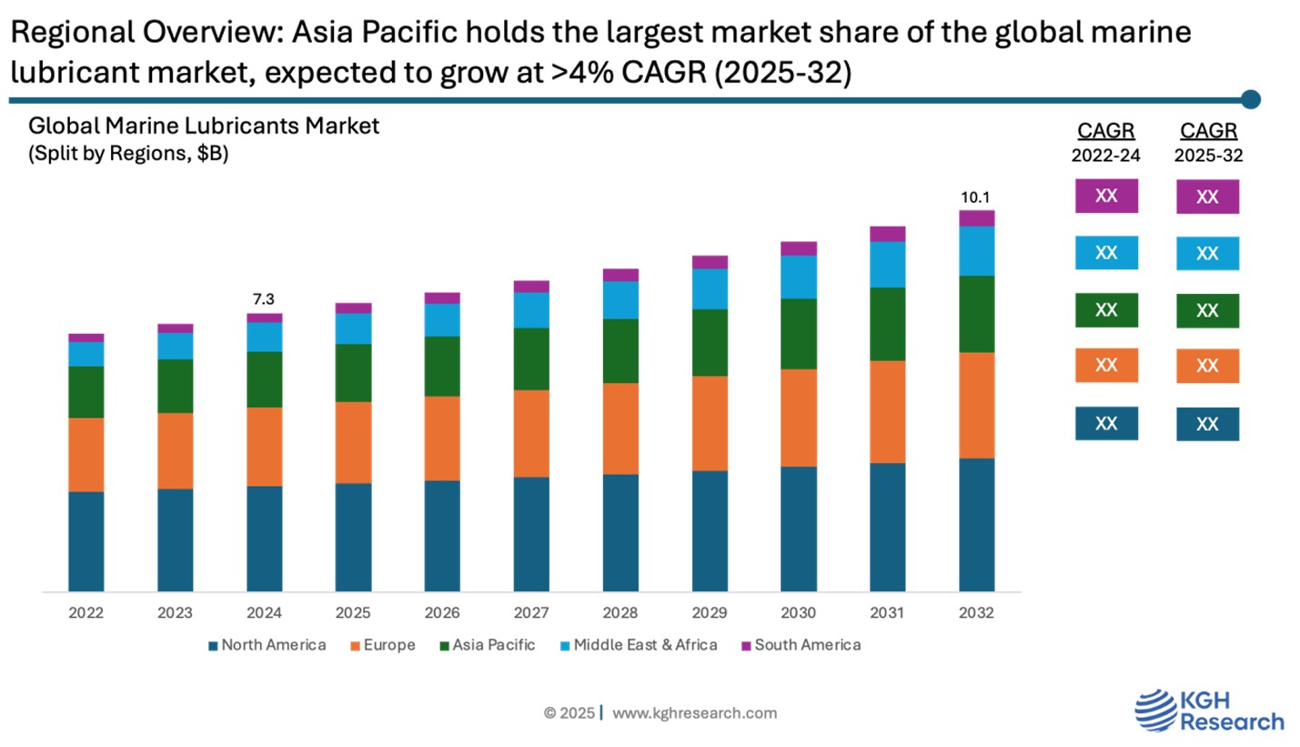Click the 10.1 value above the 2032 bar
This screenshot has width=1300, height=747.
[976, 197]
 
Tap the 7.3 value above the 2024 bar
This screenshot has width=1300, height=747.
[264, 299]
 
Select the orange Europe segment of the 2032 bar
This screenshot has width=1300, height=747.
[976, 405]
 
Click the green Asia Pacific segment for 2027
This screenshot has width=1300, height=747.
[531, 358]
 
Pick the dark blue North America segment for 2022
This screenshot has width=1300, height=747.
[86, 541]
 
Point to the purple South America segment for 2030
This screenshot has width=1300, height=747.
[799, 248]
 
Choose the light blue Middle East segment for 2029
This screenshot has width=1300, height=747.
[710, 289]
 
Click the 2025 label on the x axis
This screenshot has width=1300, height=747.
[353, 613]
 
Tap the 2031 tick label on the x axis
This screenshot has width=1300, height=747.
[887, 613]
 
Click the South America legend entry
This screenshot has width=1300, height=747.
[801, 645]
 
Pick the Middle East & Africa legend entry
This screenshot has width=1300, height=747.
[639, 645]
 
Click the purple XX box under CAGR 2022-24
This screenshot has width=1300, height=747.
[1106, 196]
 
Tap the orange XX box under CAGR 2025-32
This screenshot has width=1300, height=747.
[1207, 366]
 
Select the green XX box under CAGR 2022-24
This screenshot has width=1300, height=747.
[1106, 310]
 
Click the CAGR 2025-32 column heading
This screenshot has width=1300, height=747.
[1208, 142]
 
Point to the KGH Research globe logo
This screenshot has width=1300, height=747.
[1154, 711]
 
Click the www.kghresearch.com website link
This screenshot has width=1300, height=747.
[694, 713]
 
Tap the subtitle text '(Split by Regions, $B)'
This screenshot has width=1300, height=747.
[128, 154]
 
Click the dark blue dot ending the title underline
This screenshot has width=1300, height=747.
[1251, 99]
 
